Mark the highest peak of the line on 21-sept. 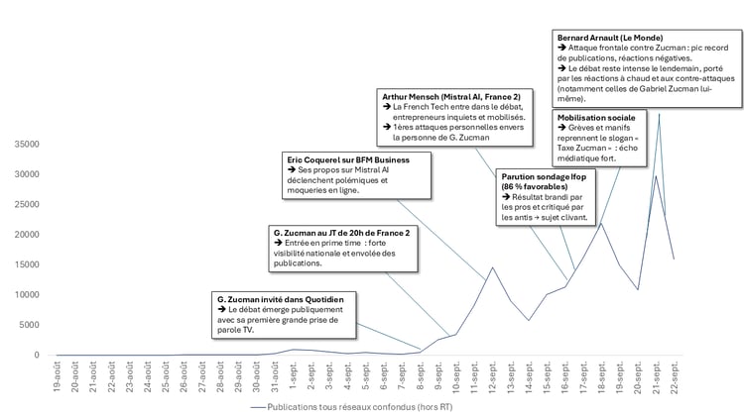click(659, 114)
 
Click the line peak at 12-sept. click(492, 267)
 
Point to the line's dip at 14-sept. click(529, 320)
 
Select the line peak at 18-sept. click(601, 223)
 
